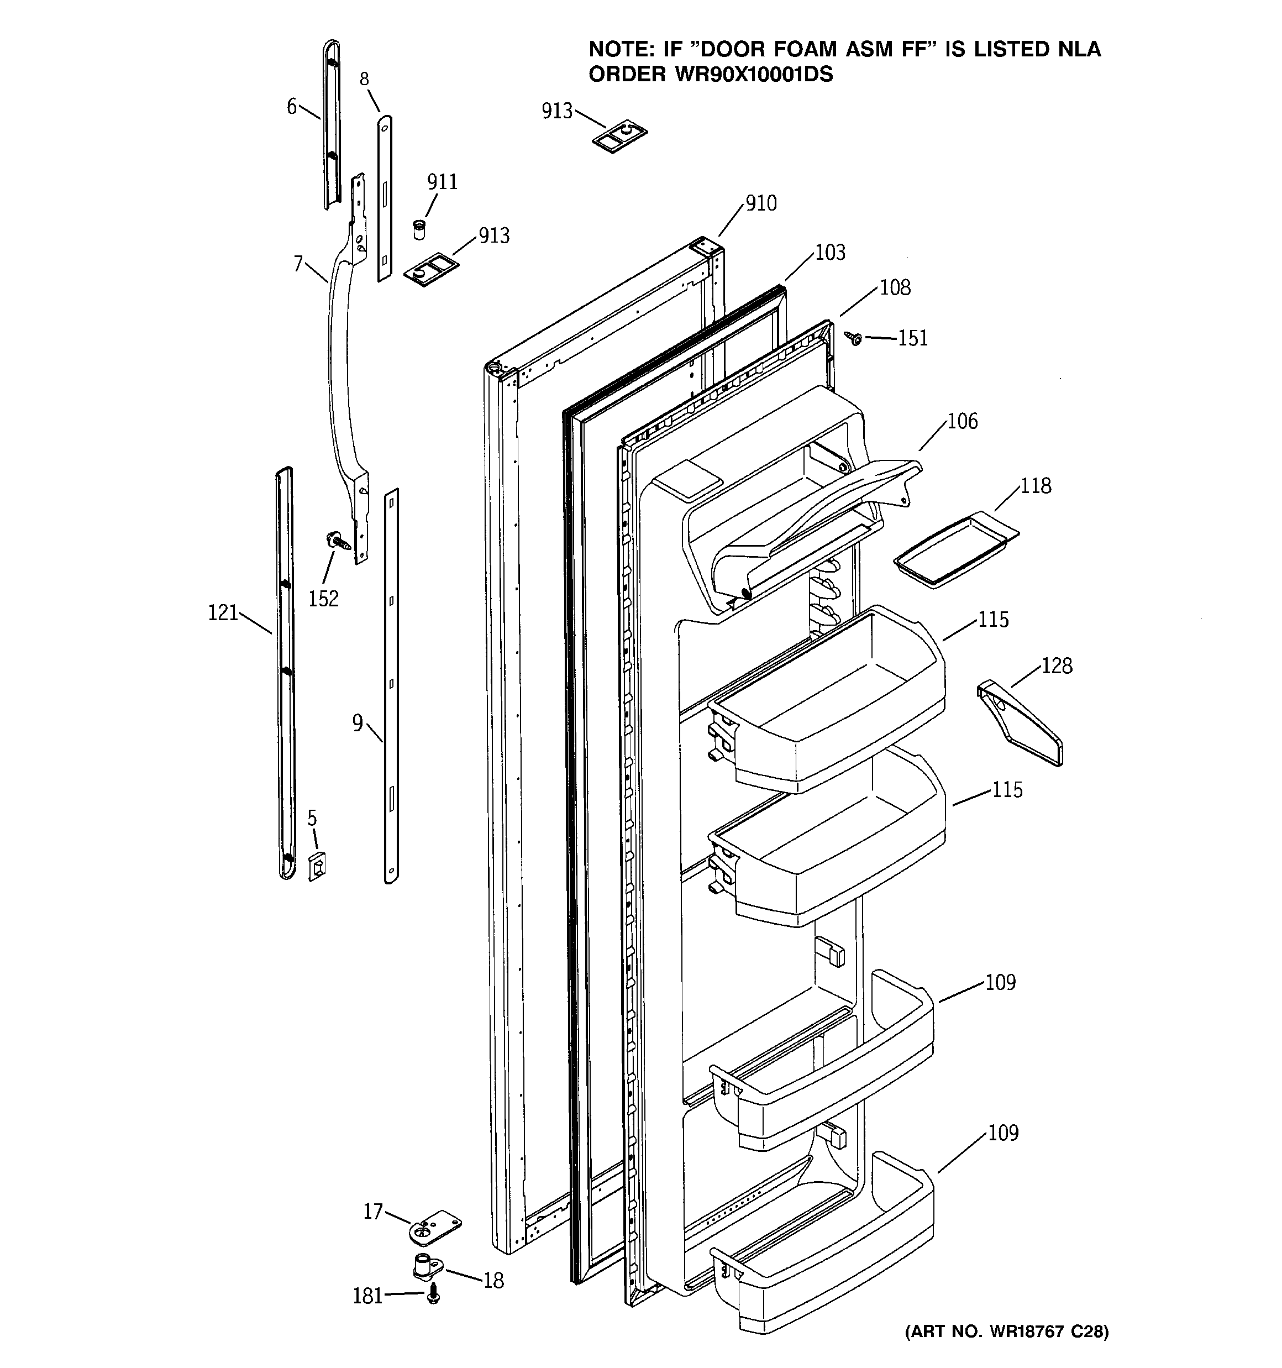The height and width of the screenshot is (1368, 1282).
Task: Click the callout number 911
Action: pyautogui.click(x=442, y=182)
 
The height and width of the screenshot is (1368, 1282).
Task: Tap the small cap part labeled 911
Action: pyautogui.click(x=418, y=229)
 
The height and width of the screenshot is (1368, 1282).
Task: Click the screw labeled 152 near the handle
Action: pyautogui.click(x=338, y=541)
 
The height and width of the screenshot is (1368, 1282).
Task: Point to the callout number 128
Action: pyautogui.click(x=1057, y=665)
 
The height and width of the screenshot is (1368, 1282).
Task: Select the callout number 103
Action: pyautogui.click(x=830, y=253)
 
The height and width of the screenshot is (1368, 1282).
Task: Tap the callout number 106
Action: pyautogui.click(x=962, y=421)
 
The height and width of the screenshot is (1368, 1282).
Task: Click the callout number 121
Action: pyautogui.click(x=222, y=612)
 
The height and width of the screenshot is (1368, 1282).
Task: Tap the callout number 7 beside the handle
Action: pyautogui.click(x=298, y=264)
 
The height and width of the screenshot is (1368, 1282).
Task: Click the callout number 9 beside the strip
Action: pyautogui.click(x=357, y=723)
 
